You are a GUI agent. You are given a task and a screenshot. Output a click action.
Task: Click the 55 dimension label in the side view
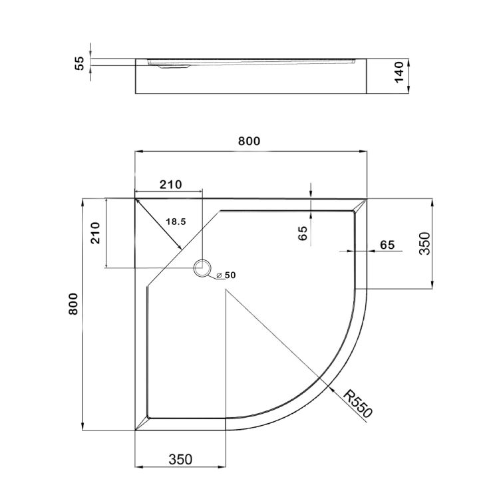(79, 63)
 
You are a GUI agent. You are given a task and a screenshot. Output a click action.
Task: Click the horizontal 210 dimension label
(169, 184)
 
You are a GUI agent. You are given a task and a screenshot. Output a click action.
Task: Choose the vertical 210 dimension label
(96, 232)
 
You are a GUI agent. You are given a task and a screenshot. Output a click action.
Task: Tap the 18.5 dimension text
(175, 221)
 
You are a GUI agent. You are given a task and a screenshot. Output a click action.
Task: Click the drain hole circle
(202, 268)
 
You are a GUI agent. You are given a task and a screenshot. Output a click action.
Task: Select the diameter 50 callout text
(227, 275)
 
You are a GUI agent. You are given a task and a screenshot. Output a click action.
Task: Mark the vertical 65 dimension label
(303, 234)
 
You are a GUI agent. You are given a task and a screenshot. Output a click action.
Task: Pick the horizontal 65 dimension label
(387, 244)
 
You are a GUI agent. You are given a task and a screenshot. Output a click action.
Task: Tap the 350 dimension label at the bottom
(180, 459)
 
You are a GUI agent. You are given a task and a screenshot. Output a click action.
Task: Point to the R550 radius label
(357, 405)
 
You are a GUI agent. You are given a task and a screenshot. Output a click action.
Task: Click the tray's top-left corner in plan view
(135, 198)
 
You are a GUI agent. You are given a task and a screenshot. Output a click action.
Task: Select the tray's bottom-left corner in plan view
(135, 430)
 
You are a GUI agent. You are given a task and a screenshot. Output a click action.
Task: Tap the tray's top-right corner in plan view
(367, 198)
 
